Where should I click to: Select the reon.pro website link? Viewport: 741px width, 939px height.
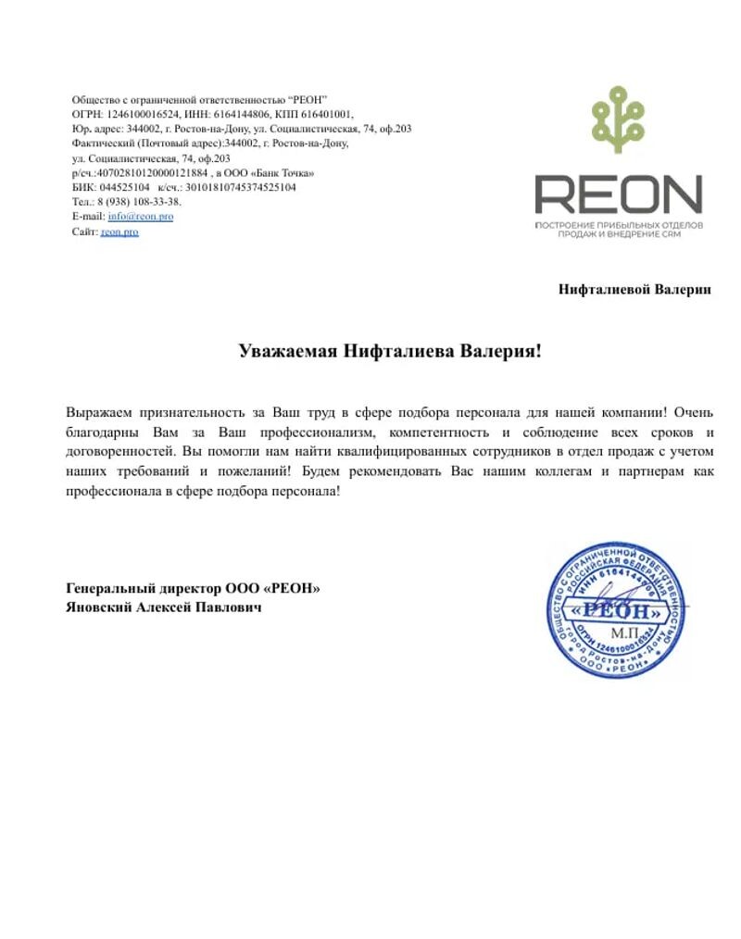[x=119, y=232]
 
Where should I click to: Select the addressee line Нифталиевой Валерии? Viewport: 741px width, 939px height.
[x=634, y=289]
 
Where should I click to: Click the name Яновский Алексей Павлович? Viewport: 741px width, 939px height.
[x=164, y=607]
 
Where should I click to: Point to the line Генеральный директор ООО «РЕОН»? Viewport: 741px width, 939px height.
[x=193, y=588]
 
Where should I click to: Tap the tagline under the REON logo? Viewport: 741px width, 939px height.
[x=618, y=231]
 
